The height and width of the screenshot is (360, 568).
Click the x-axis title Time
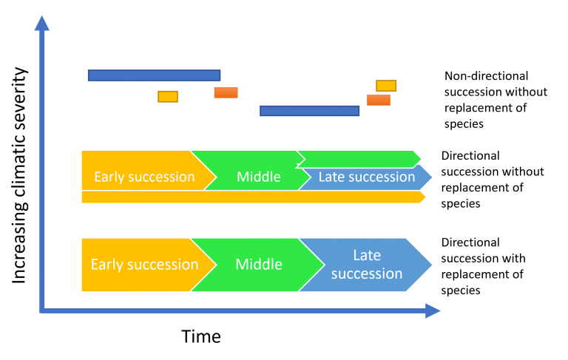200,336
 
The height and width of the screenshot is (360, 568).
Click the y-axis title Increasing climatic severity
19,175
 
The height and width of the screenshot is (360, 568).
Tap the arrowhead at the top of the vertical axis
42,23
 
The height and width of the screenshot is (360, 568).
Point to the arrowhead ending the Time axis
433,310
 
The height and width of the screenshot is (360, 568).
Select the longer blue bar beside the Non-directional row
154,75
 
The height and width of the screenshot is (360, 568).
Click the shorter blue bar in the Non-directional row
309,111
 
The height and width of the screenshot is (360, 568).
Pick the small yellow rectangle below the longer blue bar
168,97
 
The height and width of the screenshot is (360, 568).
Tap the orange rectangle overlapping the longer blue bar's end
226,92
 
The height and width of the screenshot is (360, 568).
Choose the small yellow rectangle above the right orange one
386,86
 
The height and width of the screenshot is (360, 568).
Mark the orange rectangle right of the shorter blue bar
379,100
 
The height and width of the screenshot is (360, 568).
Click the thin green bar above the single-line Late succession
359,159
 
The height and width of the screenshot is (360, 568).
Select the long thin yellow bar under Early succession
254,197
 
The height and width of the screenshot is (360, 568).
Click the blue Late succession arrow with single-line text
366,177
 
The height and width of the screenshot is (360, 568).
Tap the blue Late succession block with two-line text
366,265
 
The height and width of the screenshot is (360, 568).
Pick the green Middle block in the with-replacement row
258,265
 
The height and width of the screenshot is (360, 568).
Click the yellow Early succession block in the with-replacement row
145,265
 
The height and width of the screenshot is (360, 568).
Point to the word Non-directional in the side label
486,76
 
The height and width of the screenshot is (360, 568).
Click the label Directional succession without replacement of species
493,180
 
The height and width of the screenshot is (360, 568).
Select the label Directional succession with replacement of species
483,266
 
